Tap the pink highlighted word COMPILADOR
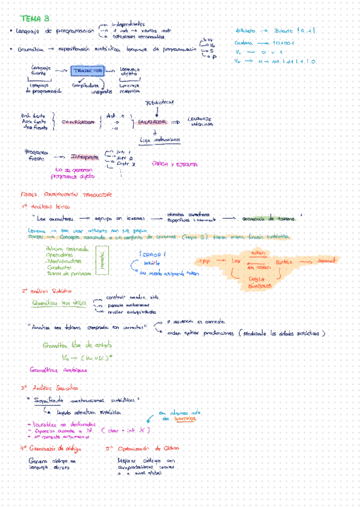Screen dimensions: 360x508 click(x=77, y=122)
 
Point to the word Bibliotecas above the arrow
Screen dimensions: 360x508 click(x=159, y=102)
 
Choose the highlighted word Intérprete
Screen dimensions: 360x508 click(x=85, y=157)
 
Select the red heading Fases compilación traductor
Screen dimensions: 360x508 click(x=66, y=195)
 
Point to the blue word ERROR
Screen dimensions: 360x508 click(x=150, y=255)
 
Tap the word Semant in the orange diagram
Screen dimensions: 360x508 click(x=326, y=262)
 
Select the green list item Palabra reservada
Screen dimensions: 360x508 click(x=65, y=249)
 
